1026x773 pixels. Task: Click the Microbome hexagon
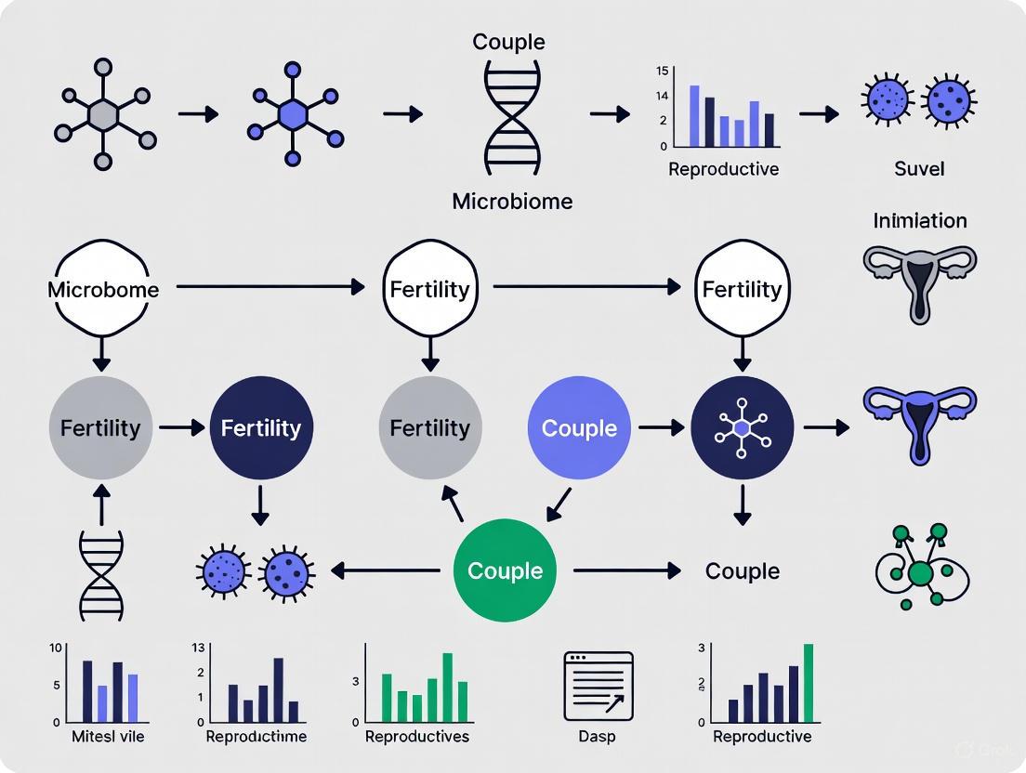102,289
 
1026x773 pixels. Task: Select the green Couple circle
505,570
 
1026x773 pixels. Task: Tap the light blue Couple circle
579,427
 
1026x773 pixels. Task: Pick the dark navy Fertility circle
261,427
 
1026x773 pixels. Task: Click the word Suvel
919,168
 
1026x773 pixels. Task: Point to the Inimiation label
919,220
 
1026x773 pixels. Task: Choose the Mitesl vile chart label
108,737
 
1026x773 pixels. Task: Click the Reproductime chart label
256,737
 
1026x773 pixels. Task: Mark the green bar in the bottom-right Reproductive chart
808,683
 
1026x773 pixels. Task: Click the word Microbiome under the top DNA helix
512,201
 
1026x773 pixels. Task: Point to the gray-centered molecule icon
103,114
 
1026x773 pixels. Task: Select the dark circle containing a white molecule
742,427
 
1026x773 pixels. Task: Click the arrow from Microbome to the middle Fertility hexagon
270,288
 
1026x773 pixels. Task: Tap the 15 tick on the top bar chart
662,71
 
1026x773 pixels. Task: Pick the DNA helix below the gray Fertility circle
101,576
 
